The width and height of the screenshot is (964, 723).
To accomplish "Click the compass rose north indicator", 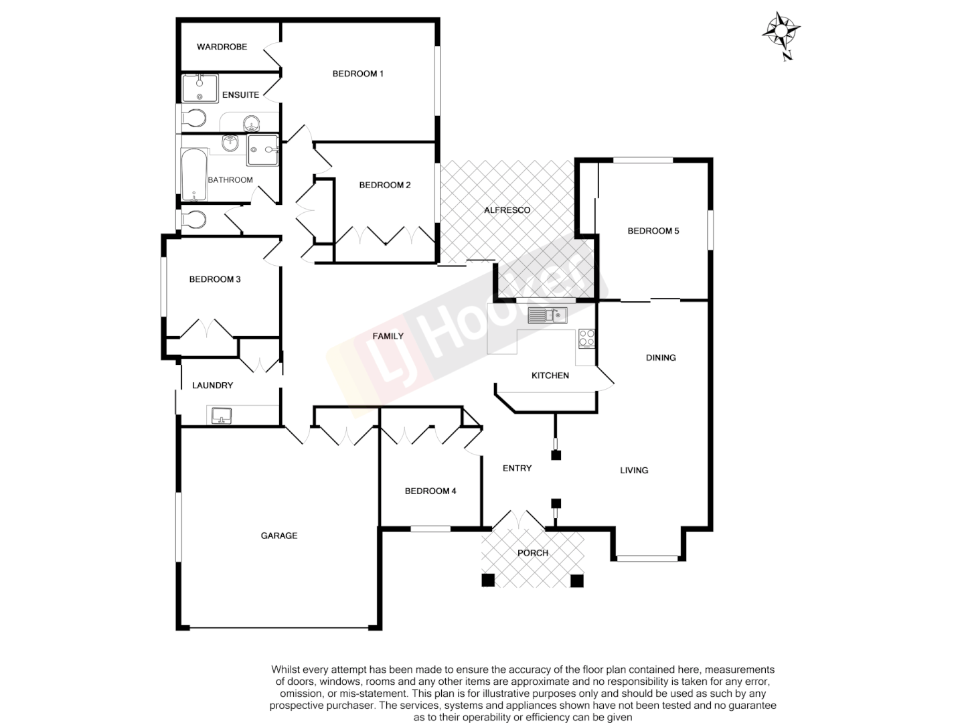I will coord(781,31).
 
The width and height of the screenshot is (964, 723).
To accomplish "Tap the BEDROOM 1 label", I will coord(357,74).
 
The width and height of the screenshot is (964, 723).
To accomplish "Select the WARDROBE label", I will coord(222,47).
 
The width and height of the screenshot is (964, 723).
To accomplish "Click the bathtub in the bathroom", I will coord(193,175).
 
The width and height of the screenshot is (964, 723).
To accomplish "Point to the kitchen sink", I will coord(547,315).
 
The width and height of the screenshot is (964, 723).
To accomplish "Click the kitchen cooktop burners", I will coord(586,338).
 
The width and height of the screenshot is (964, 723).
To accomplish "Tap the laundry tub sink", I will coord(222,416).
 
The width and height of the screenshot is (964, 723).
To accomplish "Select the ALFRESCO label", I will coord(507,210).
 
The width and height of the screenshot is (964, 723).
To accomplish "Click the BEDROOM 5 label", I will coord(653,231).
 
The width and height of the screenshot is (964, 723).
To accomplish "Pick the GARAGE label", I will coord(279,536).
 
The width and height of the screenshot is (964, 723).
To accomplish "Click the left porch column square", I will coord(488,580).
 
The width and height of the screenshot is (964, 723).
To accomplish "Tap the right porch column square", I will coord(576,580).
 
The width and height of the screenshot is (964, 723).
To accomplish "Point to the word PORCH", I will coord(533,553).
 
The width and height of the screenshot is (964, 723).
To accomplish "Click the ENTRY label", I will coord(517,469).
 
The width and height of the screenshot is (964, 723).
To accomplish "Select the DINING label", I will coord(661,357).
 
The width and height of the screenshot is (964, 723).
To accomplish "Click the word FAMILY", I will coord(388,336).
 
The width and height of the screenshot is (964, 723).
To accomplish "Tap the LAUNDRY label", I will coord(212,386).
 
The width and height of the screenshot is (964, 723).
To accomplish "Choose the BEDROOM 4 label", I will coord(430,491).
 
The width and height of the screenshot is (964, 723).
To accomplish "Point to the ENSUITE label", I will coord(240,95).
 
